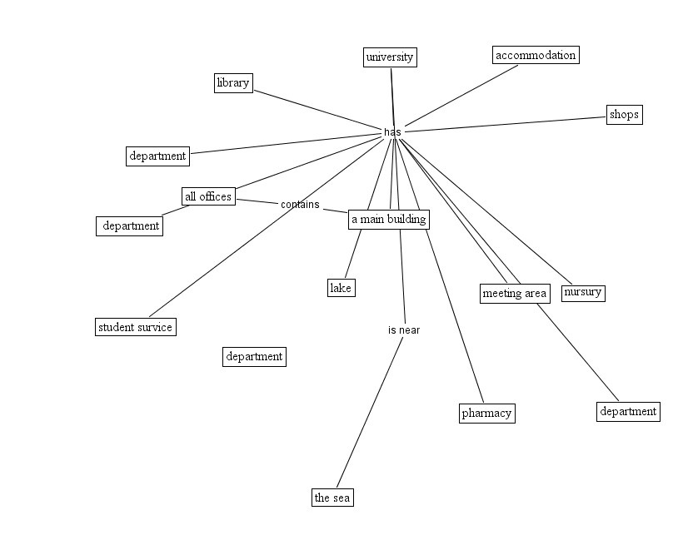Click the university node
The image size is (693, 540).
coord(390,57)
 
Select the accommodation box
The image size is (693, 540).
coord(535,56)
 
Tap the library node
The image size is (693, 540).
coord(232,82)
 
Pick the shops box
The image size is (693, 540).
coord(624,115)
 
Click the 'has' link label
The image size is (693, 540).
coord(392,132)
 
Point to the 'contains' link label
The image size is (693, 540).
coord(300,205)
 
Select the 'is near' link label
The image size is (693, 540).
coord(404,330)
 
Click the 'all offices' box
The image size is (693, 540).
coord(208,196)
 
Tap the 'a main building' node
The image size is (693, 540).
coord(389,220)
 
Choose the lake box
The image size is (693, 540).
coord(341,288)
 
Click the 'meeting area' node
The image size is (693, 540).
coord(515,293)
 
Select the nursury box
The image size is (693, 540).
coord(582,292)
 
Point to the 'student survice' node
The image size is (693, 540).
coord(135,327)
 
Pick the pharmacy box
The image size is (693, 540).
coord(486,413)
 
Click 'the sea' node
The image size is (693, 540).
coord(332,498)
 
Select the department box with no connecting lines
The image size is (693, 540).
coord(254,357)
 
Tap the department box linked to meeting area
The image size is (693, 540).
coord(628,411)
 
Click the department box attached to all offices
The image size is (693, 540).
coord(130,225)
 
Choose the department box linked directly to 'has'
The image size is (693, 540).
coord(157,156)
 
